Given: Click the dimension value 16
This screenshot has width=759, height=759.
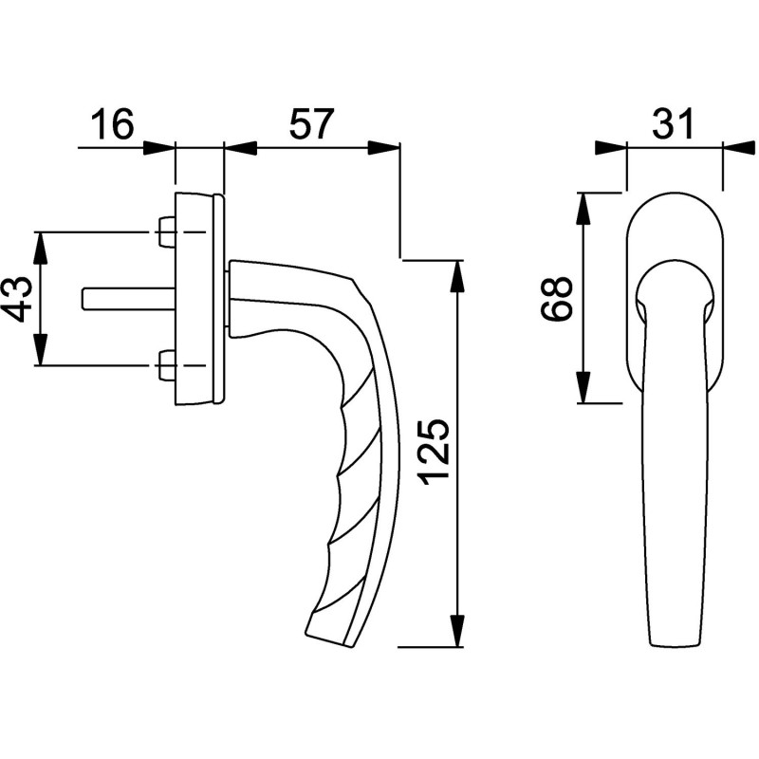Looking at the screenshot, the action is point(112,124).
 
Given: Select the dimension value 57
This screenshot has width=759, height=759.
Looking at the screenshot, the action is point(312,124).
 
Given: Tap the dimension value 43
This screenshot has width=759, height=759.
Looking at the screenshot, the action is point(20,299).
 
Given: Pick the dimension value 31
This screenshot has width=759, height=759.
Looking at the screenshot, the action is point(674,124).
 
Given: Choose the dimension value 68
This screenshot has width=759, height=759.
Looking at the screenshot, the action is point(556,298).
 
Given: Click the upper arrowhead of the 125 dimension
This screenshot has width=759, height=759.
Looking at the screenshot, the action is point(457,276).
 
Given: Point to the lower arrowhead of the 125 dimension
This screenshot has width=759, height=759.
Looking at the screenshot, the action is point(457,631).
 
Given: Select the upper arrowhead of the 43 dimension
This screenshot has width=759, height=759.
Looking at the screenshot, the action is point(41,249).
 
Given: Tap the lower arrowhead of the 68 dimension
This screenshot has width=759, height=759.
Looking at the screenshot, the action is point(584,387).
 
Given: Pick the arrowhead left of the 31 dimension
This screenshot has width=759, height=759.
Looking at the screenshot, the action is point(611,148).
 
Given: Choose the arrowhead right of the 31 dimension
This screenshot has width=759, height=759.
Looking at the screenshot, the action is point(738,148).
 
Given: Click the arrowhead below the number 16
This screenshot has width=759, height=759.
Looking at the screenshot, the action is point(158,148).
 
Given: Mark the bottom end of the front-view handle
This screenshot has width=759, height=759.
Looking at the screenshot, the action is point(675,645).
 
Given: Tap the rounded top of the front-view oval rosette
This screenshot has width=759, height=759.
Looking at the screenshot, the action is point(675,192).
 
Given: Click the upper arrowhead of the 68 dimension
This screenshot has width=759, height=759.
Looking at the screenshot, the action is point(584,209).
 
